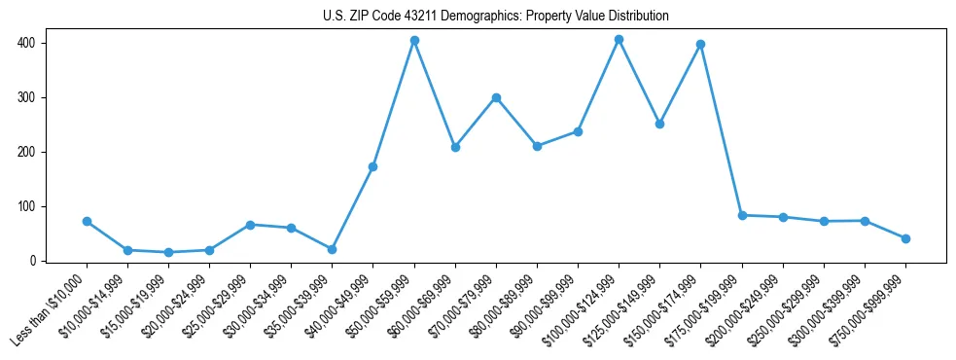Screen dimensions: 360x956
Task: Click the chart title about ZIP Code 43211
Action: coord(495,17)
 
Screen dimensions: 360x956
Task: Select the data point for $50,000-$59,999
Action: coord(414,41)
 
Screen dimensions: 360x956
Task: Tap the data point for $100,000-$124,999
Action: coord(619,40)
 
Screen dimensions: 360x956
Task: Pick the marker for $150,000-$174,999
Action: coord(700,45)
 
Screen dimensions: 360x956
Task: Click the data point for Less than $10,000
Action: coord(87,222)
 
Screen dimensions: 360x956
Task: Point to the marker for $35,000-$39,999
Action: coord(333,250)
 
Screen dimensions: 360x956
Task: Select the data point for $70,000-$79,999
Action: coord(496,97)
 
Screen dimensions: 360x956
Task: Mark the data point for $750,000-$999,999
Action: coord(905,238)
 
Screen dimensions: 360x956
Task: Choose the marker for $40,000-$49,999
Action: coord(373,167)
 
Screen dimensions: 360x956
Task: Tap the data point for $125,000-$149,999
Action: coord(659,125)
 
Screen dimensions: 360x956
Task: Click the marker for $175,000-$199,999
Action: coord(742,215)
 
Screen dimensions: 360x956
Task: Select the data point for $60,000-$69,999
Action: coord(455,148)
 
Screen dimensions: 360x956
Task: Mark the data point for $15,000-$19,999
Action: coord(168,253)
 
